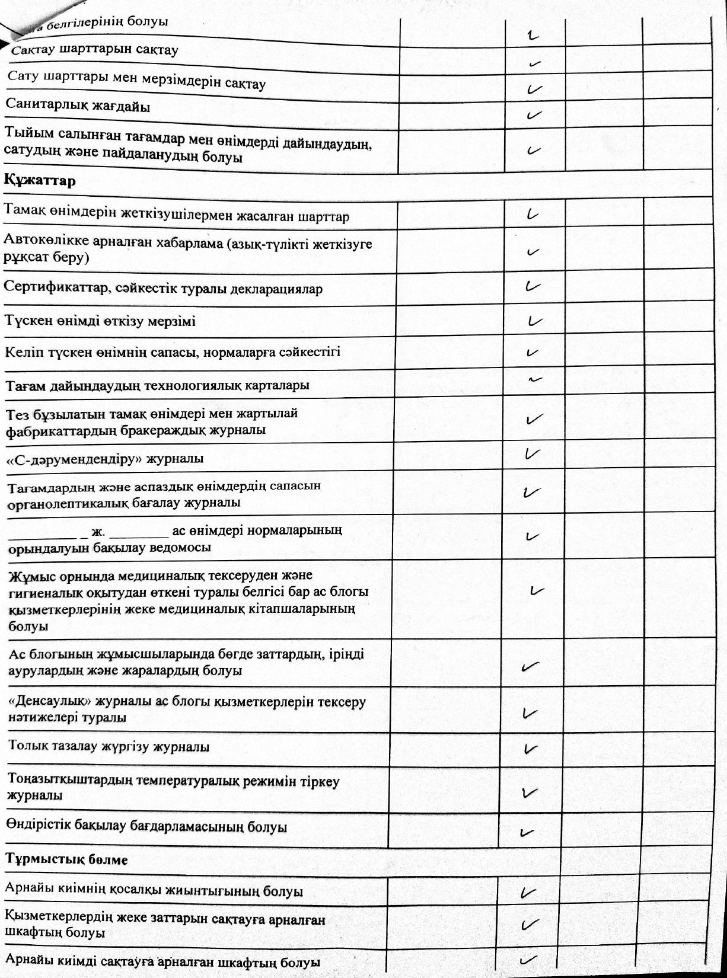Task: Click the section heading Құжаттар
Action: click(40, 181)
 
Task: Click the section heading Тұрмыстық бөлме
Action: click(66, 859)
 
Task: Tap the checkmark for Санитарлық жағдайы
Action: click(534, 114)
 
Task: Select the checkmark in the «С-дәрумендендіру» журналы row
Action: click(532, 455)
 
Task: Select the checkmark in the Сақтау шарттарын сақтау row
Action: click(536, 62)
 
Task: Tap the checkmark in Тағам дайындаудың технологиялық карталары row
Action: click(535, 378)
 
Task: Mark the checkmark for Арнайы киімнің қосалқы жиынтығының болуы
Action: click(528, 892)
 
